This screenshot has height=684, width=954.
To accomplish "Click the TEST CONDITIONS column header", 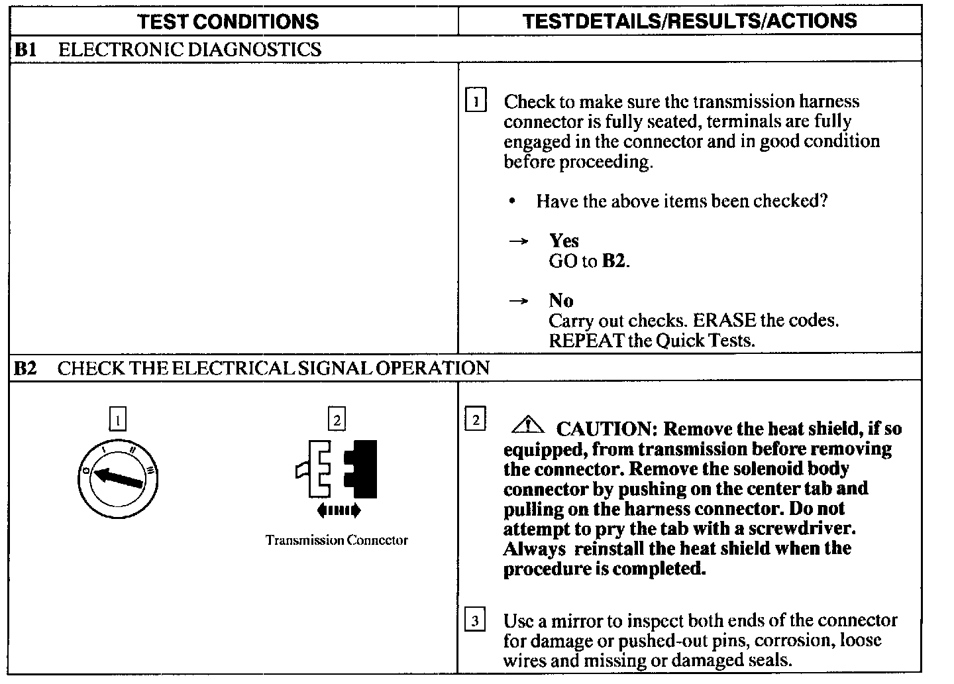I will point(229,21).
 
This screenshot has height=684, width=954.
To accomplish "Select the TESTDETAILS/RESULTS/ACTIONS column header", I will point(690,21).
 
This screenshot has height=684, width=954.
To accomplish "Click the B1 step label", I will point(25,50).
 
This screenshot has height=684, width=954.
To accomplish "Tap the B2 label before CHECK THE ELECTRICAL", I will point(25,369).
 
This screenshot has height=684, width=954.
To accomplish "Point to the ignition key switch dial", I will point(118,479).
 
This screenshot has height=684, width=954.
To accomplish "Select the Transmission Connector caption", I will point(337,540).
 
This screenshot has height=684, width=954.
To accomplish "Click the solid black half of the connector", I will point(364,469).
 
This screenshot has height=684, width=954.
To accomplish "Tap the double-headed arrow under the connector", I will point(339,510).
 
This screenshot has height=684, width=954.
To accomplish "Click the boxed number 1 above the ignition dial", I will point(117,420).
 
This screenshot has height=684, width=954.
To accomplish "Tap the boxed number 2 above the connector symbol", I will point(337,420).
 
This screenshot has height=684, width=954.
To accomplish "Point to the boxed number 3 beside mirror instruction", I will point(475,621).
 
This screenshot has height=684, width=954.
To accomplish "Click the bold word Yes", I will point(564,241).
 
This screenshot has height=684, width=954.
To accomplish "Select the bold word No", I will point(560,300).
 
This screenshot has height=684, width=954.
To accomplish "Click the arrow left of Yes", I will point(518,241).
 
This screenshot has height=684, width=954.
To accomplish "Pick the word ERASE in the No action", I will point(724,321).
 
